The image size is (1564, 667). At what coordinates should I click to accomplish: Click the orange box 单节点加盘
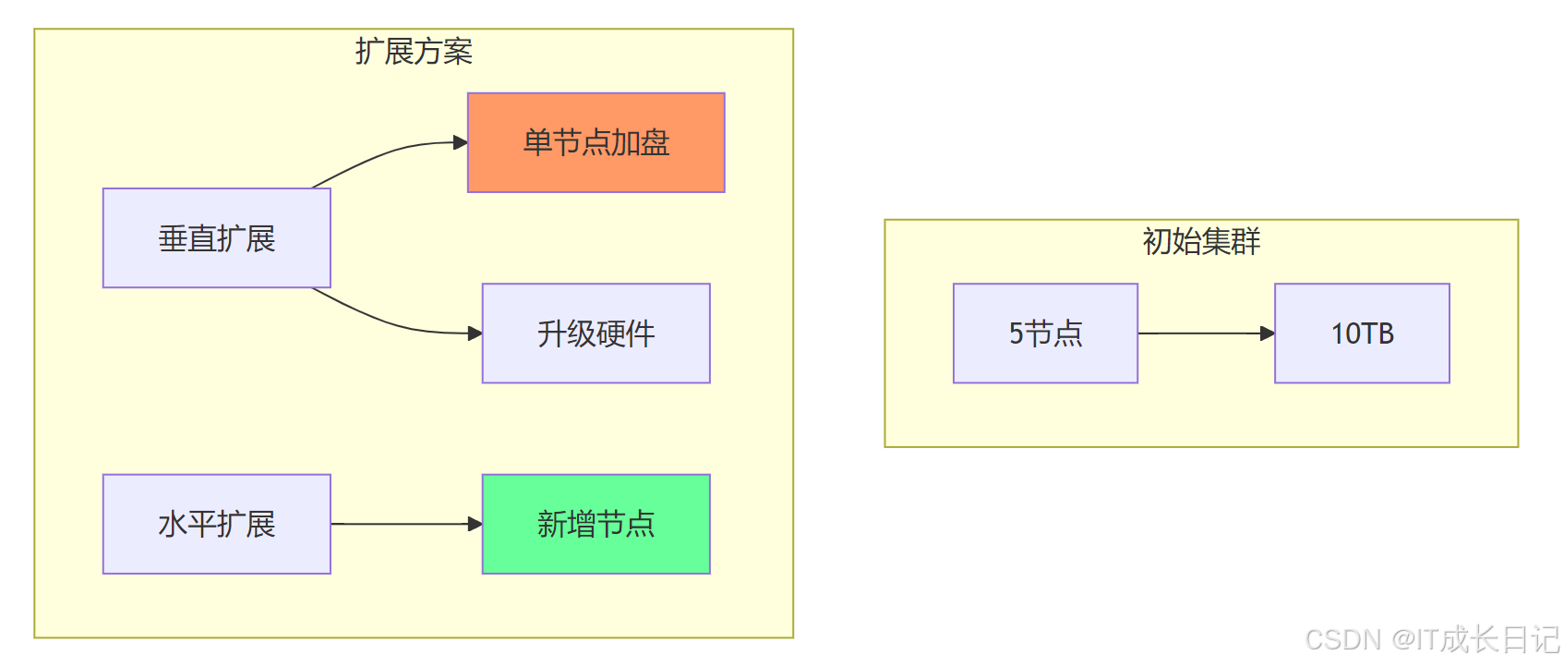596,142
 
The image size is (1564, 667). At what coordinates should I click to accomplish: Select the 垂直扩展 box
216,238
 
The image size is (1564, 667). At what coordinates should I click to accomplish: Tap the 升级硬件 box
596,333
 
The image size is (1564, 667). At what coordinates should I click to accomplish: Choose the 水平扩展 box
216,524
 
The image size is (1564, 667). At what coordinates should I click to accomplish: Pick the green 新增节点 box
596,524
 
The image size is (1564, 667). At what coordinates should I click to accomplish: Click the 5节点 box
1045,333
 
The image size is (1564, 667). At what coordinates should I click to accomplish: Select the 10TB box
1362,333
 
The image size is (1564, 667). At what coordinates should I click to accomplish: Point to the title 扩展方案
414,52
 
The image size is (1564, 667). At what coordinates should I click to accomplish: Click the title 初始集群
1201,242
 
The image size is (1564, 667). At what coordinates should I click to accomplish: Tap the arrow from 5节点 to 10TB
1200,333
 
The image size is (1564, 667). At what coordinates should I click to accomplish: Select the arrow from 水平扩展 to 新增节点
402,524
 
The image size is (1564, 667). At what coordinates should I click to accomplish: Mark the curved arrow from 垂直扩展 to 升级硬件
388,321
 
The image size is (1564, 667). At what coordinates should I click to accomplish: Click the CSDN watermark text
1432,639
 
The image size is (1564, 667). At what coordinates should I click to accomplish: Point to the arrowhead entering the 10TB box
1268,333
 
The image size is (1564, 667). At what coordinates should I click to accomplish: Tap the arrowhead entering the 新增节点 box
475,524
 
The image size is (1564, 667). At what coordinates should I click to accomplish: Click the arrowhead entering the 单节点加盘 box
461,142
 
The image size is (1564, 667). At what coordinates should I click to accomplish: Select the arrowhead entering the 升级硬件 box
475,333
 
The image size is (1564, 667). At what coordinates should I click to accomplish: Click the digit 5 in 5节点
1016,333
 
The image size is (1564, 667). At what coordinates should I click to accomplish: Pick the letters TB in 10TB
1375,333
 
